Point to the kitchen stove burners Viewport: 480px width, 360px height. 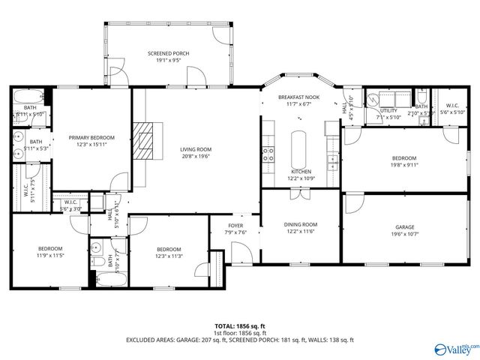[x=266, y=155]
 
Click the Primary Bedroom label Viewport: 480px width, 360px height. [x=91, y=138]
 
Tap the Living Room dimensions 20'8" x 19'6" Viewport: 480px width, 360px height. [x=196, y=157]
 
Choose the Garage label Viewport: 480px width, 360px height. [x=405, y=226]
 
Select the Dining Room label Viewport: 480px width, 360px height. [x=300, y=224]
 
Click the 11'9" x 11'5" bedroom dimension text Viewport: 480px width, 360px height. [x=51, y=256]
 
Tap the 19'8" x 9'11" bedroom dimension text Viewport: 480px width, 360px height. [x=404, y=165]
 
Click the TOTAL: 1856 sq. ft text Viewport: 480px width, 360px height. [x=240, y=326]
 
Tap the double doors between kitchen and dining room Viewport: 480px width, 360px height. [x=300, y=193]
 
